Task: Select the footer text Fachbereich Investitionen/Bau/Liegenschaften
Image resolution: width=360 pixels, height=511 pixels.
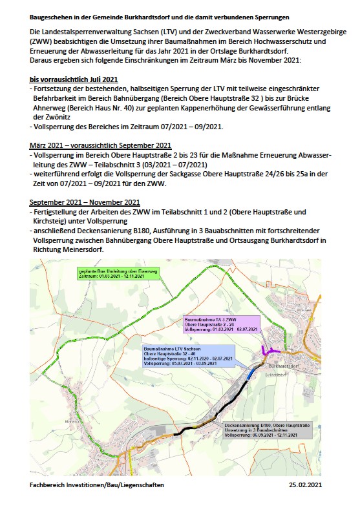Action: (x=92, y=484)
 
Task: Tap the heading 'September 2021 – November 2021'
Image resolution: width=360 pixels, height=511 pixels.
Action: (x=84, y=202)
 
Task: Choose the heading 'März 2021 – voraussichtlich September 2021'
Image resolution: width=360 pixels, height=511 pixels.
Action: (x=100, y=145)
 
